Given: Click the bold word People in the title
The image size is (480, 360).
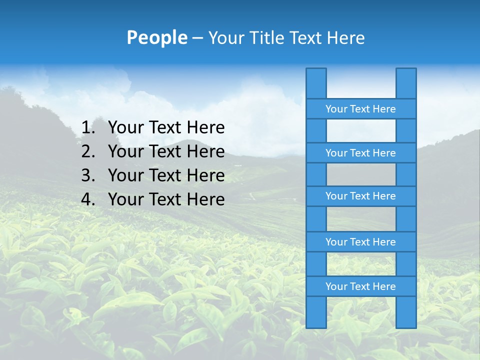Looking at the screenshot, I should coord(156,38).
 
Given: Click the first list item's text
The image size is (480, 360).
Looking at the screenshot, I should coord(166,128).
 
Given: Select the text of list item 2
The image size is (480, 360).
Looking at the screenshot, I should coord(166,151).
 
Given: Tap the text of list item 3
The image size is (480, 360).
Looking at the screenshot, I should coord(166,175).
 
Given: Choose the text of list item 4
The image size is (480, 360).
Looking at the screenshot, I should coord(166,199).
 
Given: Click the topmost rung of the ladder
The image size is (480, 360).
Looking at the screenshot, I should coord(360,109).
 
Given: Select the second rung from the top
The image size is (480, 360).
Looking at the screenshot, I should coord(360,153).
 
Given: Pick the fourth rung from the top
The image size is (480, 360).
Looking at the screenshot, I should coord(360,242).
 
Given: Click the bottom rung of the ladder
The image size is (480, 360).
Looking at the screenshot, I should coord(360,286).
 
